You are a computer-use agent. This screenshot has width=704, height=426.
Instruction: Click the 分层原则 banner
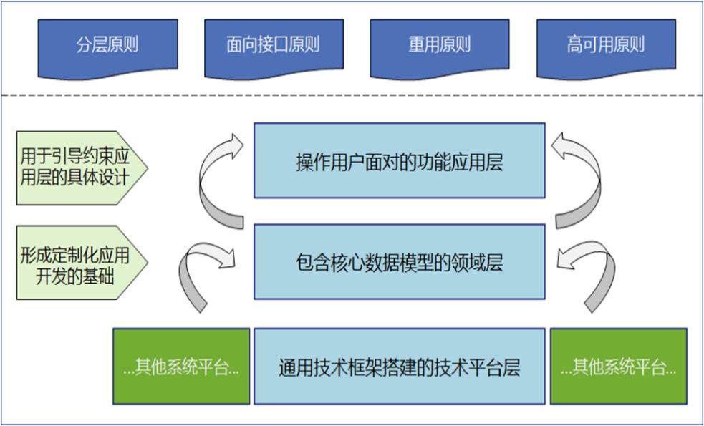[x=107, y=46]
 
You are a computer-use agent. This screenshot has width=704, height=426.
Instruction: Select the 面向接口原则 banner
[x=273, y=46]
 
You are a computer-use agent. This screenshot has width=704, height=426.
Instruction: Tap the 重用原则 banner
[x=439, y=46]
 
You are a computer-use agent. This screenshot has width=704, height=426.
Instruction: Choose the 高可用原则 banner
[x=605, y=46]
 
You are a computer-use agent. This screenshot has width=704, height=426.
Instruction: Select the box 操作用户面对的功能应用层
[x=399, y=160]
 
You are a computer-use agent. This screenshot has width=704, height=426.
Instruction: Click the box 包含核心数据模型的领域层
[x=399, y=262]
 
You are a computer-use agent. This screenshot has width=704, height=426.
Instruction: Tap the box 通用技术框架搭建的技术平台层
[x=399, y=368]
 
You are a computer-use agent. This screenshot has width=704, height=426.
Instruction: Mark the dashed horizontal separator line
[x=351, y=96]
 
